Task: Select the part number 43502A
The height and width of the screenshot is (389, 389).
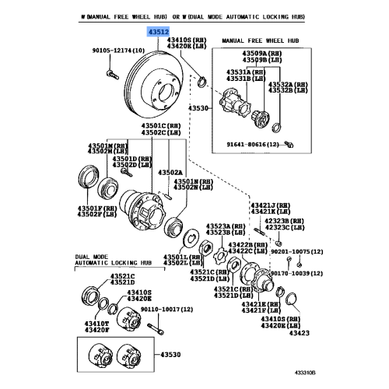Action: pyautogui.click(x=170, y=172)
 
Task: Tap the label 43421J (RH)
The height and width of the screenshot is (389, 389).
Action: pyautogui.click(x=269, y=204)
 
